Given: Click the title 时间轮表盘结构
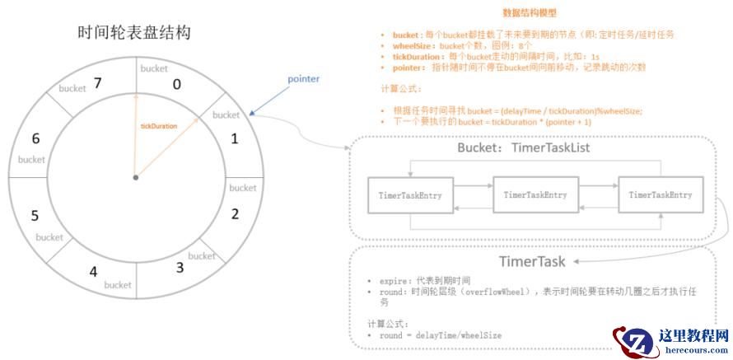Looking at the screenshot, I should click(134, 34).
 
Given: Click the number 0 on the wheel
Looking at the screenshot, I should click(175, 84).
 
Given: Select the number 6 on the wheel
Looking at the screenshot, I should click(35, 139).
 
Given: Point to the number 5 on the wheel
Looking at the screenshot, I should click(35, 217).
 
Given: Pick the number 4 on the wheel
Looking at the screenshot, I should click(93, 272).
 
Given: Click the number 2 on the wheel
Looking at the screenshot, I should click(235, 215).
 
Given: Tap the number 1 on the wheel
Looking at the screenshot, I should click(235, 138).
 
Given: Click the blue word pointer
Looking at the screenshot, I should click(303, 79).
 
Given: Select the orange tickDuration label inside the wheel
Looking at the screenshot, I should click(159, 126).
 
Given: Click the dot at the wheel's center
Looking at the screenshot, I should click(135, 177).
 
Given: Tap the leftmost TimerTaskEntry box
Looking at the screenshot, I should click(409, 195).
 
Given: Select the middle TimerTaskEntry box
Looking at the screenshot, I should click(535, 194).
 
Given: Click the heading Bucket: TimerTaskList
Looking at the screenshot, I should click(523, 147).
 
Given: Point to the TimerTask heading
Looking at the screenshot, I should click(531, 261).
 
